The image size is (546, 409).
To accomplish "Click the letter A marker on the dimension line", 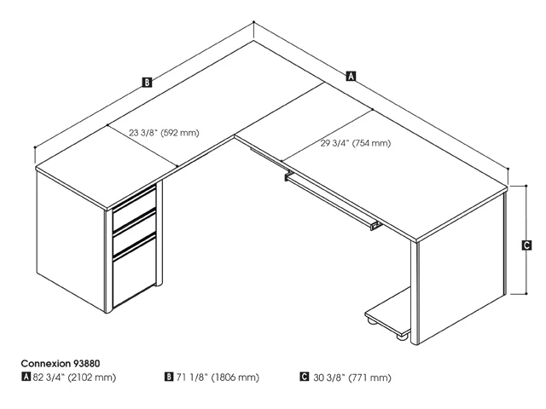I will click(351, 76).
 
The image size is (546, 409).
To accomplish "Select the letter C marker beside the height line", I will click(527, 245).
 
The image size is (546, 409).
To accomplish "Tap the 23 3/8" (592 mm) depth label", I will click(164, 132).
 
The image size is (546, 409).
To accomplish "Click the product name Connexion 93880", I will click(61, 363).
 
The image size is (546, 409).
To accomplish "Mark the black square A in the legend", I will click(26, 377).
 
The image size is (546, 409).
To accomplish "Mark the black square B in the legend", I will click(170, 377).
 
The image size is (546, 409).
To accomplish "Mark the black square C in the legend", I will click(305, 377).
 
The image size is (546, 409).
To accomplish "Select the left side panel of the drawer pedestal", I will click(73, 247).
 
